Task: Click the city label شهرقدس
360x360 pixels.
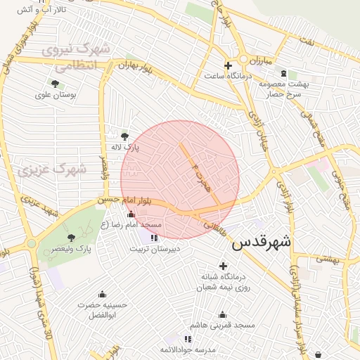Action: pos(261,242)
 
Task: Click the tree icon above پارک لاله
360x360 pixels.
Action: pos(125,136)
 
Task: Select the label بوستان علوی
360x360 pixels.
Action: pos(59,94)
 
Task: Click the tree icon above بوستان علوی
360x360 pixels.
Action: pos(55,84)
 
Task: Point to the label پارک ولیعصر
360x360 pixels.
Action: pos(74,250)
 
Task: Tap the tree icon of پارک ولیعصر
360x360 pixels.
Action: pos(71,238)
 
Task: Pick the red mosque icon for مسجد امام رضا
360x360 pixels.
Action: pos(130,214)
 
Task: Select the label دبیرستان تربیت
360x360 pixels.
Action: pos(155,248)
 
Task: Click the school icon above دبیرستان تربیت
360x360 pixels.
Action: pos(154,238)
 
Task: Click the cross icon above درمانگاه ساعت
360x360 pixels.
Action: pos(227,65)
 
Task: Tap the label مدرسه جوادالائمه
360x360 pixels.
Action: pos(186,349)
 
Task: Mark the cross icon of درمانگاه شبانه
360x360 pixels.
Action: pos(224,266)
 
